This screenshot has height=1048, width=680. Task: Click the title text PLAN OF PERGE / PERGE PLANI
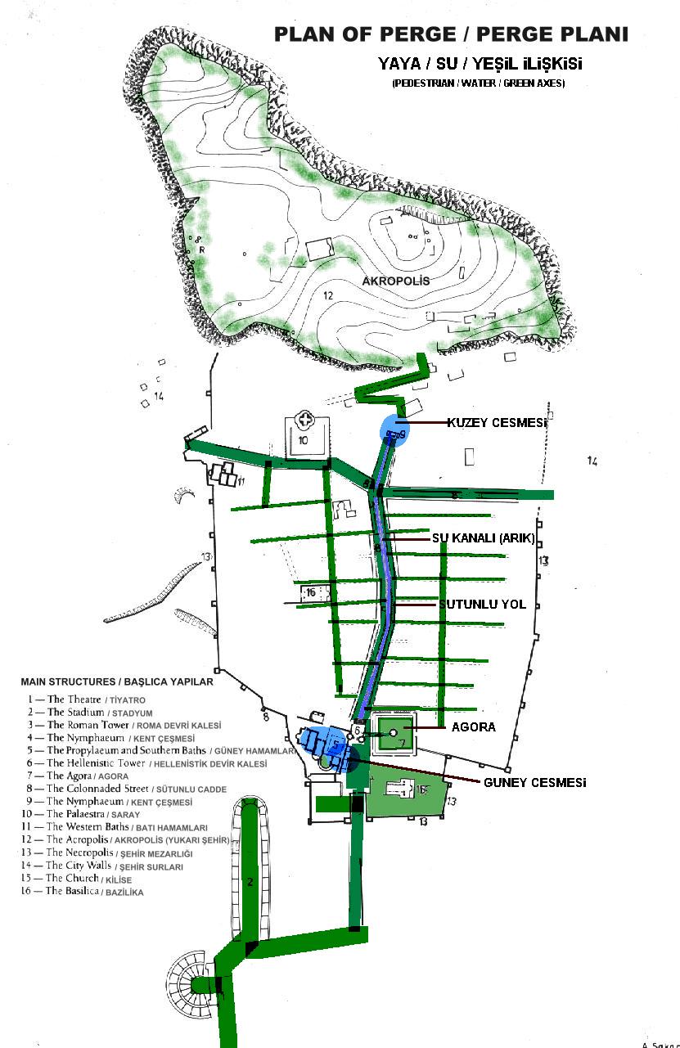[x=450, y=34]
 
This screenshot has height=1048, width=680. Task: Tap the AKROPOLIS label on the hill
[x=396, y=281]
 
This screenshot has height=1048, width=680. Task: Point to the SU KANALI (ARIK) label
[x=483, y=538]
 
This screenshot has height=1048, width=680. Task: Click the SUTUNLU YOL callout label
[x=482, y=605]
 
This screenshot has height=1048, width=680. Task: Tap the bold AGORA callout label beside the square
[x=473, y=726]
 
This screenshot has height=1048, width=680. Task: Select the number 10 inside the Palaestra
[x=302, y=440]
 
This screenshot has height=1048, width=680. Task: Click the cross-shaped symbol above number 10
[x=307, y=421]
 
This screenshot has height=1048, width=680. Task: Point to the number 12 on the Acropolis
[x=327, y=295]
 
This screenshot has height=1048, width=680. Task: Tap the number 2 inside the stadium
[x=251, y=882]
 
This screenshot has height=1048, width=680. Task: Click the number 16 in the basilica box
[x=310, y=591]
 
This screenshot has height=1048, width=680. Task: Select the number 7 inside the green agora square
[x=402, y=743]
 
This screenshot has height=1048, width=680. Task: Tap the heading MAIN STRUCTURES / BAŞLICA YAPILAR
[x=116, y=681]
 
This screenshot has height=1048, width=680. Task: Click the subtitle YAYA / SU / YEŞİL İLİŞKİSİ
[x=480, y=63]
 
